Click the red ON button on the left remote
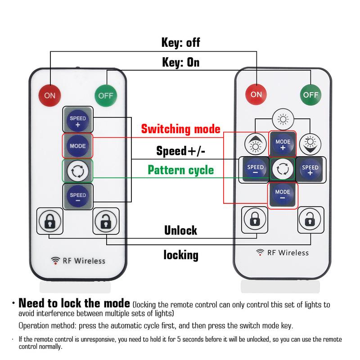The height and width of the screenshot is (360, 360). tap(49, 95)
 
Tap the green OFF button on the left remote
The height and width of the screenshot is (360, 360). tap(105, 95)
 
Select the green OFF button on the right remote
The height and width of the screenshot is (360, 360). tap(311, 94)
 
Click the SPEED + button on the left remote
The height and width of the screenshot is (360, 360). tap(77, 121)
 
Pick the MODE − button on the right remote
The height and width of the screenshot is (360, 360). tap(283, 195)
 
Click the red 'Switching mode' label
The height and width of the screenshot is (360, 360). tap(181, 130)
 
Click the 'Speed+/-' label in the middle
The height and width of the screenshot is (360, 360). tap(181, 150)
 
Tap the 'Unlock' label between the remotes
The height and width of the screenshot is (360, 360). tap(180, 230)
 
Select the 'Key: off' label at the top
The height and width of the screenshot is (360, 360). tap(180, 44)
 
